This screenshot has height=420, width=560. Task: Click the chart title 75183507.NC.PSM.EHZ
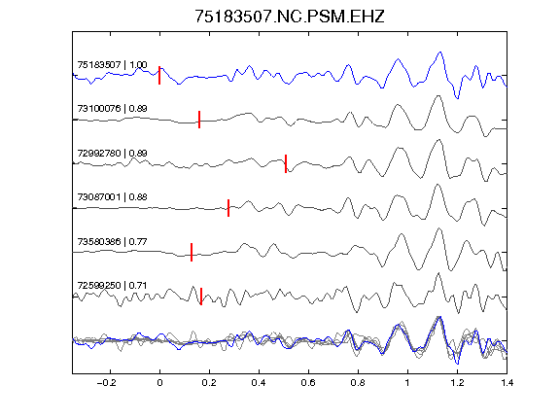[290, 17]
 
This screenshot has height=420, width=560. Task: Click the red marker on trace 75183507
[159, 76]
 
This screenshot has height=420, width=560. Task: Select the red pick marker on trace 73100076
[199, 120]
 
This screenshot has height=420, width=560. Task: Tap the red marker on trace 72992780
[286, 163]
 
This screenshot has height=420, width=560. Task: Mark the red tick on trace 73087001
[228, 208]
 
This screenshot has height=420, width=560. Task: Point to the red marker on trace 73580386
[192, 252]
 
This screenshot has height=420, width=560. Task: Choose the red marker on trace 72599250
[201, 297]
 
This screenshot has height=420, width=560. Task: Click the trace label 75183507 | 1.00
[112, 64]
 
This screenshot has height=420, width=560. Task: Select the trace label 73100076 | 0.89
[112, 108]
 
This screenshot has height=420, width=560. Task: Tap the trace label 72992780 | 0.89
[112, 153]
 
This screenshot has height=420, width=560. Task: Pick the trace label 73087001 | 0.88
[112, 196]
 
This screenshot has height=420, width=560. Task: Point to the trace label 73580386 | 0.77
[112, 241]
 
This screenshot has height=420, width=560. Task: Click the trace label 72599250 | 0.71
[112, 286]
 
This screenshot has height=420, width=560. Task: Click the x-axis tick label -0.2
[107, 383]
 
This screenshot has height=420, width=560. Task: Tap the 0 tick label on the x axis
[159, 383]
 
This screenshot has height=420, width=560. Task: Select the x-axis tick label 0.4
[259, 383]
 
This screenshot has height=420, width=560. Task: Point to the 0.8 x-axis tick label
[358, 383]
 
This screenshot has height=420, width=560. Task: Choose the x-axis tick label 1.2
[457, 383]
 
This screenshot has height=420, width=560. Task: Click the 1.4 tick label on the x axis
[507, 383]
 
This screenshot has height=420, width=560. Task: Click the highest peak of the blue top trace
[440, 52]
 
